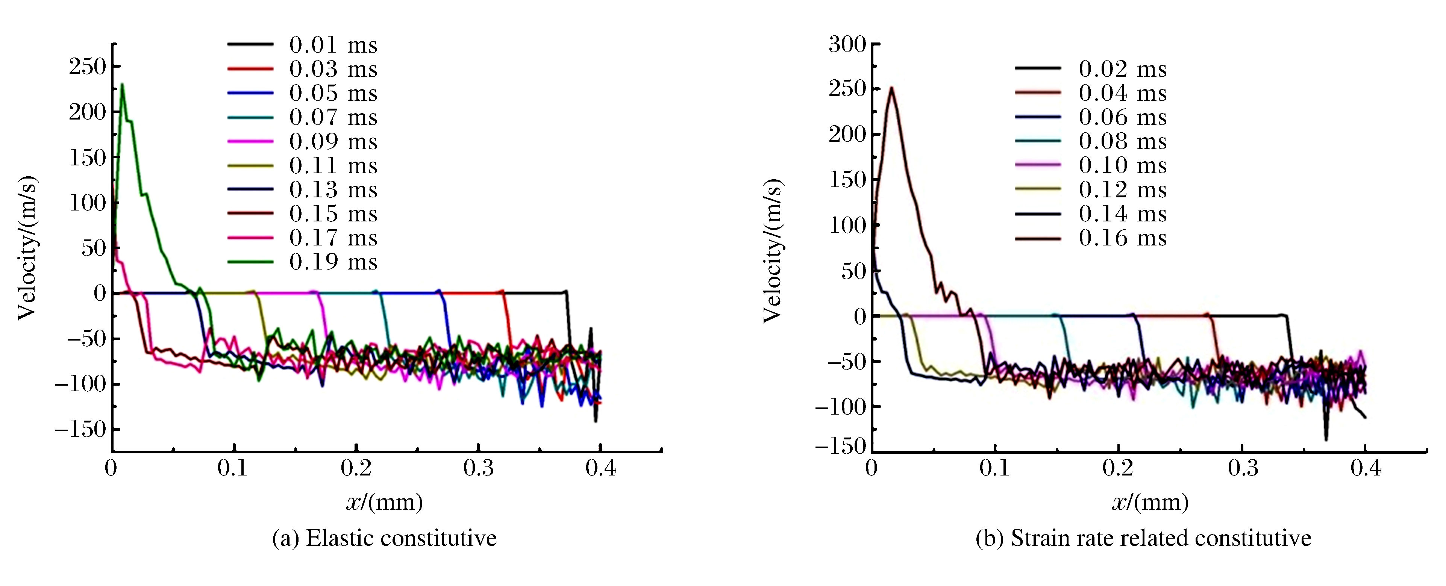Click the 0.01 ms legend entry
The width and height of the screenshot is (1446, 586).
pos(333,45)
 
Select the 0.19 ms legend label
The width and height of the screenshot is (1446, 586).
pos(333,262)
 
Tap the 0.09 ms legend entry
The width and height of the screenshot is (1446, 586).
pos(333,141)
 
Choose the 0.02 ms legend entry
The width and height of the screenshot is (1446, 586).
pos(1122,69)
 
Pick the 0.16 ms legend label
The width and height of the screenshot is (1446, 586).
pos(1122,238)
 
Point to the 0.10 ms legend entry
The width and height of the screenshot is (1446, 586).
pos(1122,166)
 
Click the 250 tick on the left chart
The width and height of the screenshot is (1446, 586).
pos(88,67)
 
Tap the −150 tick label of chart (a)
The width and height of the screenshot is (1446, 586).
pos(80,429)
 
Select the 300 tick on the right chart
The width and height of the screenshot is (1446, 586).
pos(847,44)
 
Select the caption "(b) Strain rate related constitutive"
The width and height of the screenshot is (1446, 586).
pos(1143,538)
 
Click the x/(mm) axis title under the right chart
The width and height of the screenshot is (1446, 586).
pos(1150,501)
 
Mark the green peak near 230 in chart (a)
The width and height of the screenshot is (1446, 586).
pos(122,85)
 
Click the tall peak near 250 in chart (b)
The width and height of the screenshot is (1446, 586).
pos(891,88)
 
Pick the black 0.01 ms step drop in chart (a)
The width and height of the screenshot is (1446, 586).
pos(568,320)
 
